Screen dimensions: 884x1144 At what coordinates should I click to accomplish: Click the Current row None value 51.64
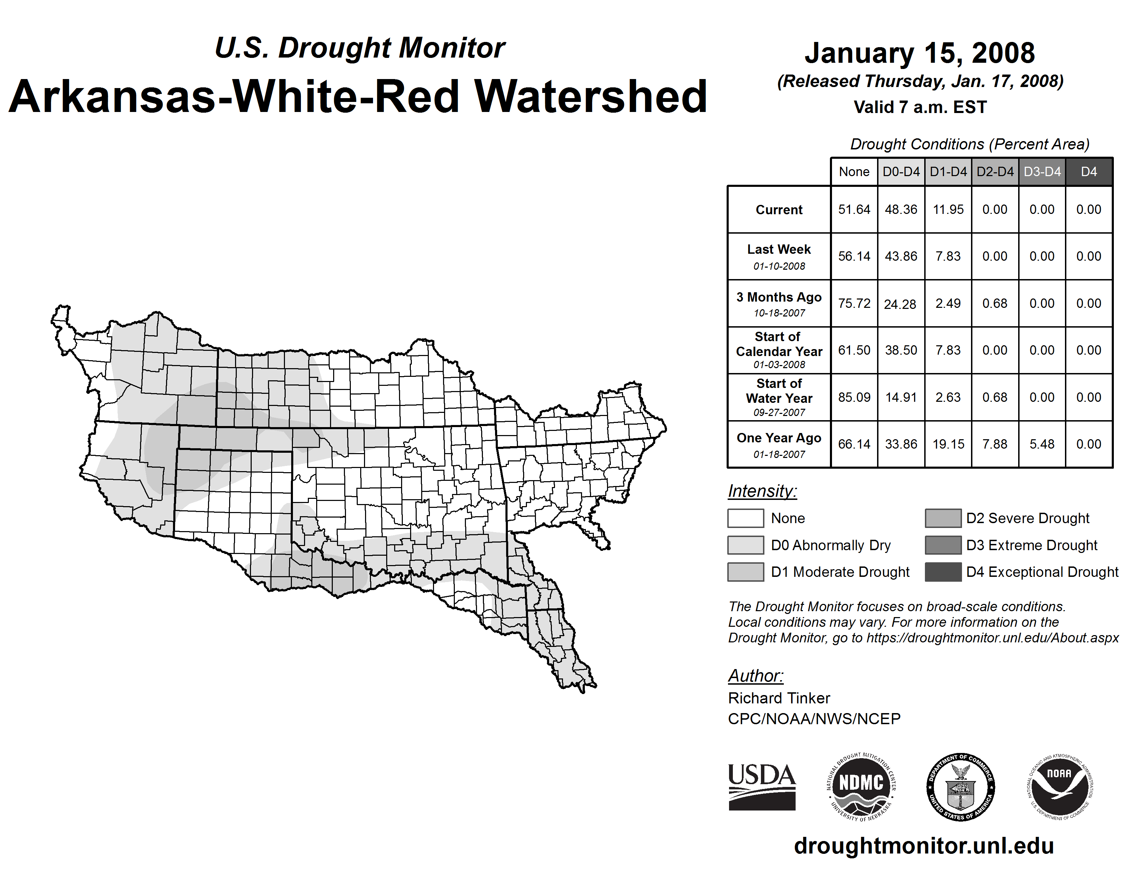coord(854,209)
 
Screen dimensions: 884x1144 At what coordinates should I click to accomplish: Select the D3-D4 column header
coord(1042,172)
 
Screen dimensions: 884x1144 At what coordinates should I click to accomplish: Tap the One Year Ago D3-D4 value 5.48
coord(1042,444)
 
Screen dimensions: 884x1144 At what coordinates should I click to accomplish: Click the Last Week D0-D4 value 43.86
coord(901,256)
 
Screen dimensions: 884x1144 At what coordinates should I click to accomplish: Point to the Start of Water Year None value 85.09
coord(854,398)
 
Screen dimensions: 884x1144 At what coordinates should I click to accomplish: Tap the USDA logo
coord(762,787)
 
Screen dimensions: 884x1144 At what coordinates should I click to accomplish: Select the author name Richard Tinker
coord(779,698)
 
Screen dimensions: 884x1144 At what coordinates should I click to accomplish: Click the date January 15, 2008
coord(920,53)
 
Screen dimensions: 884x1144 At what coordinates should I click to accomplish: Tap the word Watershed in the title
coord(591,96)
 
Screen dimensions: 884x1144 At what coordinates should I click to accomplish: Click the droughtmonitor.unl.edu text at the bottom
coord(924,846)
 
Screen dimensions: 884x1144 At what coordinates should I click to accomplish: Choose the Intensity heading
coord(762,491)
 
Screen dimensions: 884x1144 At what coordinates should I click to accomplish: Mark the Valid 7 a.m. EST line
coord(920,107)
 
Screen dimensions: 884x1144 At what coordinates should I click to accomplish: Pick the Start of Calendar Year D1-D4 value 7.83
coord(948,350)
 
